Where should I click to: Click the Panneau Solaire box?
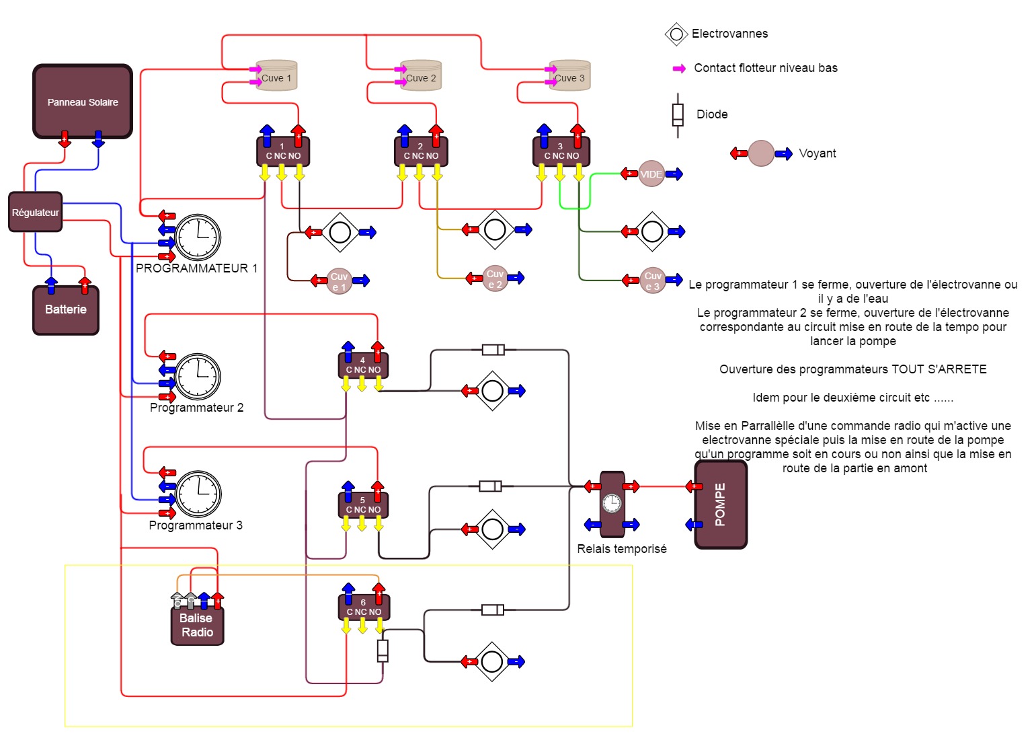(x=83, y=102)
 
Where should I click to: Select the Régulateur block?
(x=36, y=212)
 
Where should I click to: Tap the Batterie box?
(x=66, y=310)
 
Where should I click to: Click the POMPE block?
(x=721, y=505)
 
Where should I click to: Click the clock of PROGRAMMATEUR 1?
(x=199, y=237)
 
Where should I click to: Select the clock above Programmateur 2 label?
(x=198, y=377)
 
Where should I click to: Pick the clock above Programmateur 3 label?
(x=199, y=494)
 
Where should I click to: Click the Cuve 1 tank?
(x=276, y=76)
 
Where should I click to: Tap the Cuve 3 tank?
(x=570, y=76)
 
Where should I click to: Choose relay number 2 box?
(x=421, y=152)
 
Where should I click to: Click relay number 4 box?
(x=363, y=365)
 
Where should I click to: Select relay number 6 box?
(x=364, y=607)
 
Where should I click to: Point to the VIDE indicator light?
(x=651, y=174)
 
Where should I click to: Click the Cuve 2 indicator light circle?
(x=495, y=278)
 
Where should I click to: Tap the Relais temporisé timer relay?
(x=612, y=504)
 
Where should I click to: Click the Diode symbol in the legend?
(x=678, y=115)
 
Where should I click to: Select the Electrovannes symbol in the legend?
(x=676, y=34)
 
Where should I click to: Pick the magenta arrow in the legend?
(x=679, y=69)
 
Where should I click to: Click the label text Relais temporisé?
(x=622, y=549)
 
